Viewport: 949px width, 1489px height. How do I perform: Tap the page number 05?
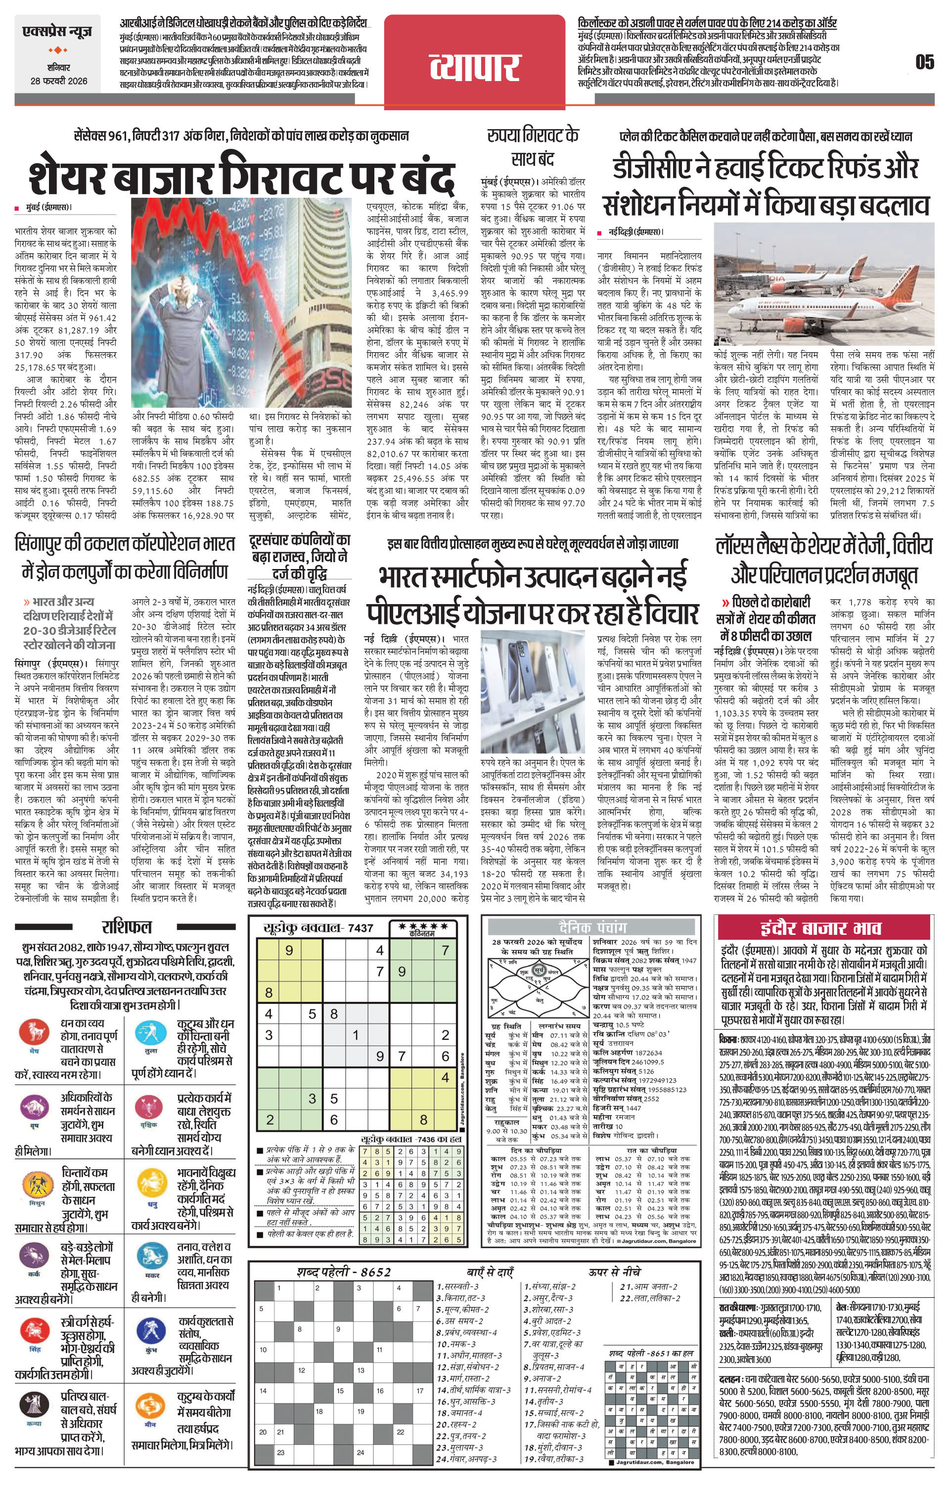(x=924, y=62)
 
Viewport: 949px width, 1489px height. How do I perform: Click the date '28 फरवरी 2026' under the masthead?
(x=59, y=81)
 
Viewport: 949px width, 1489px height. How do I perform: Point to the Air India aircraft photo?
(x=823, y=284)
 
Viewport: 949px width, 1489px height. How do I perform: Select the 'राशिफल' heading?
(x=127, y=926)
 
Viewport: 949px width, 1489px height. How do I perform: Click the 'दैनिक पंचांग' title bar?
(x=592, y=926)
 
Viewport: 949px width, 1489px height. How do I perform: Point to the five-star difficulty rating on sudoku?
(x=424, y=925)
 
